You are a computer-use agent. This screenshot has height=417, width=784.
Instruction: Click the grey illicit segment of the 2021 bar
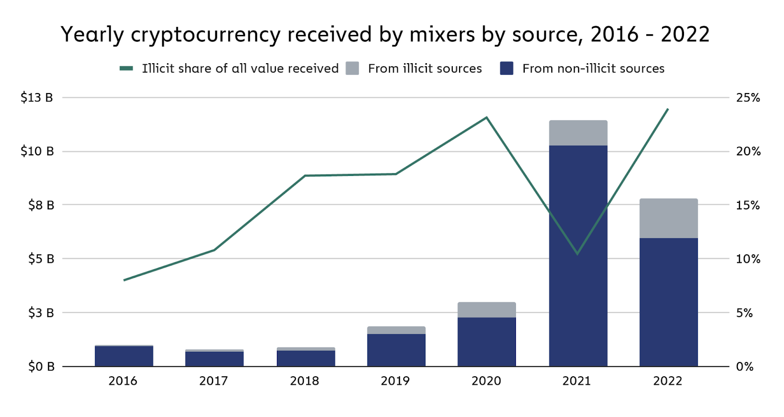tap(578, 133)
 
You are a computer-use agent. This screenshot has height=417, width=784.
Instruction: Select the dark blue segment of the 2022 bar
tap(668, 302)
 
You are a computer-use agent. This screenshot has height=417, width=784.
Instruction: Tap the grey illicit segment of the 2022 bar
tap(668, 218)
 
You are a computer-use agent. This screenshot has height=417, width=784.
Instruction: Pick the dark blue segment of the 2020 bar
tap(487, 342)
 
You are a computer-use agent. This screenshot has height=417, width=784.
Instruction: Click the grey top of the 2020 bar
tap(487, 310)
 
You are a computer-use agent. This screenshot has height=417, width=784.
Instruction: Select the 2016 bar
tap(124, 356)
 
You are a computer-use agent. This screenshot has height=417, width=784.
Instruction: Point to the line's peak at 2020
tap(487, 118)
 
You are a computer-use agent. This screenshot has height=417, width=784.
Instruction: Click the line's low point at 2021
tap(578, 254)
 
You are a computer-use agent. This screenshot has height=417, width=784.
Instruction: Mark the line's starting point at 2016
tap(124, 280)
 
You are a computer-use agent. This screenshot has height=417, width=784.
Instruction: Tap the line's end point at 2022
tap(668, 109)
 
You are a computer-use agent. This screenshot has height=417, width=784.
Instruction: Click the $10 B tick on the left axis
tap(37, 151)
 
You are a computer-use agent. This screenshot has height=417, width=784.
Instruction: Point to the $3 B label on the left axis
tap(41, 313)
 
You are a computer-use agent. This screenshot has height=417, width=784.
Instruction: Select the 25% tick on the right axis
tap(748, 98)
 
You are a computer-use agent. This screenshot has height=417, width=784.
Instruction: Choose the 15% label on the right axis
tap(748, 205)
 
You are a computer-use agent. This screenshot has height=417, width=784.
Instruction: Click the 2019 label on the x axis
tap(395, 381)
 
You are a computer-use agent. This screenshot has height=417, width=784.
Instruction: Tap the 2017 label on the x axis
tap(213, 381)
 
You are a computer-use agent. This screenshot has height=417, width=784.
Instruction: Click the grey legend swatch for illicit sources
tap(352, 68)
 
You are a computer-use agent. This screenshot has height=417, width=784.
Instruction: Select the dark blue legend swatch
tap(506, 68)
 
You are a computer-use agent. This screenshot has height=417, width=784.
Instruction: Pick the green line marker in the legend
tap(126, 68)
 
